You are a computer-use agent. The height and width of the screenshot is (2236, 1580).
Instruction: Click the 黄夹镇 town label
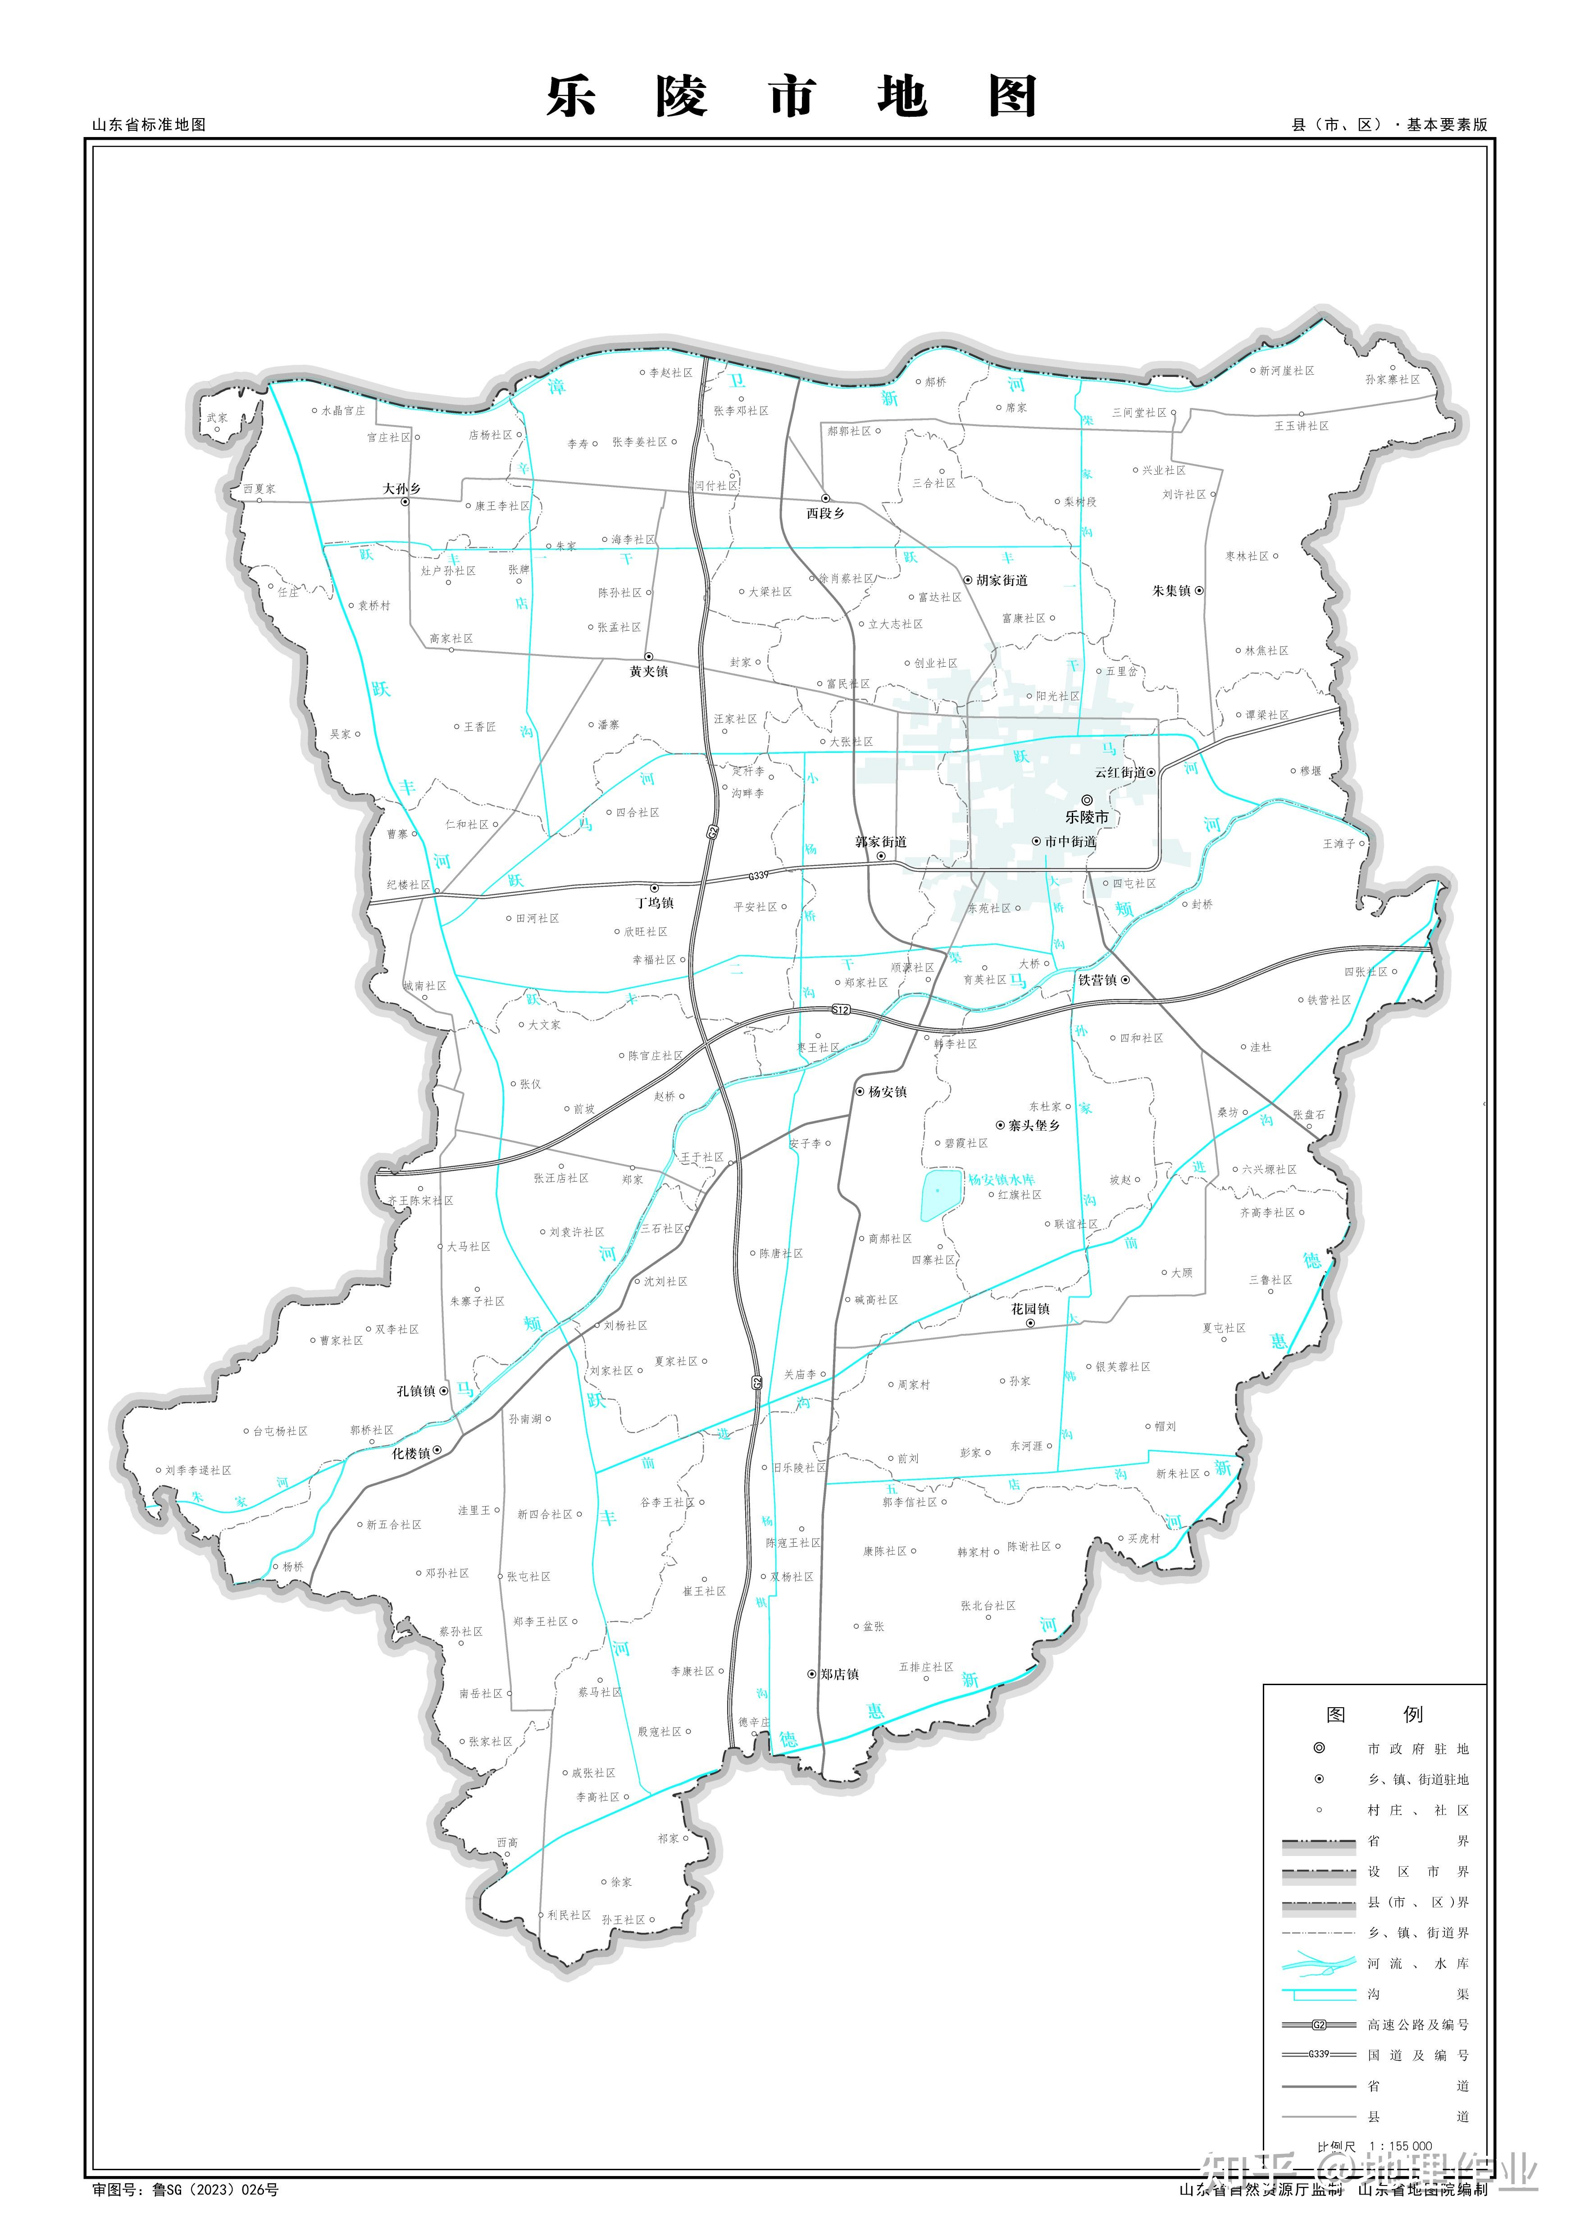[x=648, y=671]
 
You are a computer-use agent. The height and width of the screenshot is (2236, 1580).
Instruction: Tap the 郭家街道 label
[x=880, y=841]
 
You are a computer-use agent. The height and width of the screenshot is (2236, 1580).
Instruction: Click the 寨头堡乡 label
[x=1034, y=1125]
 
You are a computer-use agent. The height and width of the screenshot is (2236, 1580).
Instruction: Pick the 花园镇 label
[x=1030, y=1309]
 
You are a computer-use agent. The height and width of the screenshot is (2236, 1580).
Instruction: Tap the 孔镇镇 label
[x=416, y=1391]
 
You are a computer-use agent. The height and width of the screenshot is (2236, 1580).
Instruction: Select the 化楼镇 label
[x=411, y=1453]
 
